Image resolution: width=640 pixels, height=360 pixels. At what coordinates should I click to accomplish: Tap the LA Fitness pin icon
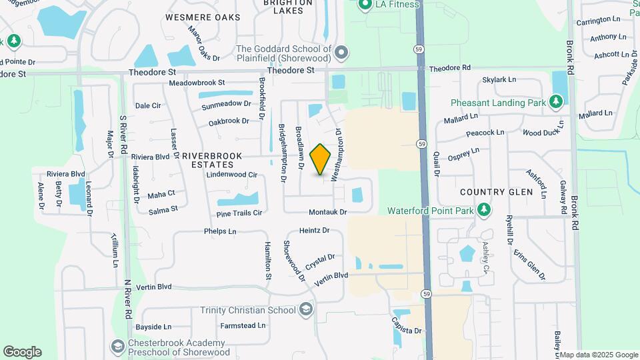tap(365, 5)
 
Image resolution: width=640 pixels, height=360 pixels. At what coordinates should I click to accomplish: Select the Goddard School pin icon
tap(341, 53)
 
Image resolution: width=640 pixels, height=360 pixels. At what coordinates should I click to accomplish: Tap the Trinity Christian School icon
tap(305, 309)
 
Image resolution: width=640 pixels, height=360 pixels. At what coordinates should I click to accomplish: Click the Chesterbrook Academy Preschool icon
tap(117, 347)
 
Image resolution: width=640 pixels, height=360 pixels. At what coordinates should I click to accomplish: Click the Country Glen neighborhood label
tap(497, 192)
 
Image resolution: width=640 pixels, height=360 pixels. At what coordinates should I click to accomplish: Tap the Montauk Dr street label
tap(328, 212)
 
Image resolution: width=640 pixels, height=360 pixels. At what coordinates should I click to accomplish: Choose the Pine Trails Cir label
tap(239, 213)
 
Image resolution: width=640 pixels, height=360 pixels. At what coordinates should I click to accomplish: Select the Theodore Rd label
tap(450, 68)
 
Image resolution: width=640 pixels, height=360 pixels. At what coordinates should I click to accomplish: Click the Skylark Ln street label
tap(499, 79)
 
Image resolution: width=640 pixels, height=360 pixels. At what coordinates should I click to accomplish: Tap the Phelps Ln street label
tap(220, 232)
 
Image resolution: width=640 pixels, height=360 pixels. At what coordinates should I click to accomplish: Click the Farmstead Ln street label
tap(243, 326)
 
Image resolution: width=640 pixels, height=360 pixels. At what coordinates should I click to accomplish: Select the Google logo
tap(22, 351)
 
